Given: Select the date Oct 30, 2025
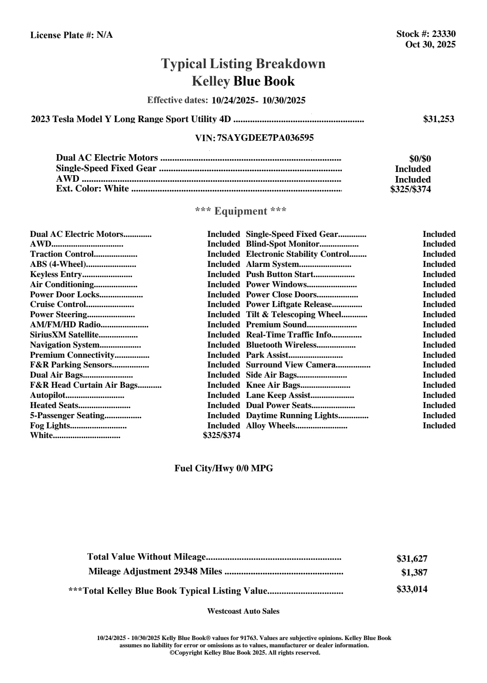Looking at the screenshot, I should point(430,44).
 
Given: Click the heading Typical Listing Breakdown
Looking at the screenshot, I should point(243,64).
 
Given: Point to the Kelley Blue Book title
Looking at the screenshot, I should point(243,81).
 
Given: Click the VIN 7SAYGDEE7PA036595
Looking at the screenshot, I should point(265,138).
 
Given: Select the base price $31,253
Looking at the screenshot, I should point(438,119).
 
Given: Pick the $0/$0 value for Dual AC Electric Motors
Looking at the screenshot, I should point(420,159).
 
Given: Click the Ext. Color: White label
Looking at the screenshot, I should point(92,189).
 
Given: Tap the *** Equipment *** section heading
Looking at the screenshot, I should point(241,211).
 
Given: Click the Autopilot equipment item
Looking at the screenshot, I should point(48,395).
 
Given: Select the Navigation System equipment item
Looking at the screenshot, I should point(65,345).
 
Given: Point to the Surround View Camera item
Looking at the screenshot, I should point(291,365).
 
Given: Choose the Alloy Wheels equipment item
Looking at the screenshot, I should point(270,425).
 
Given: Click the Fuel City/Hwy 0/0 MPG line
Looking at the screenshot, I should point(224,468).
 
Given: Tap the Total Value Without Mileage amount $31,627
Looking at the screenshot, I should point(412,558).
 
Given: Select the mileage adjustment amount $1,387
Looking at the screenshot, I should point(414,573).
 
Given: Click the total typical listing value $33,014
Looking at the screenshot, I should point(412,589).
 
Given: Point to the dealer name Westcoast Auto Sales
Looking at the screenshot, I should point(243,611).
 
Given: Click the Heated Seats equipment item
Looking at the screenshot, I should point(54,405).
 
